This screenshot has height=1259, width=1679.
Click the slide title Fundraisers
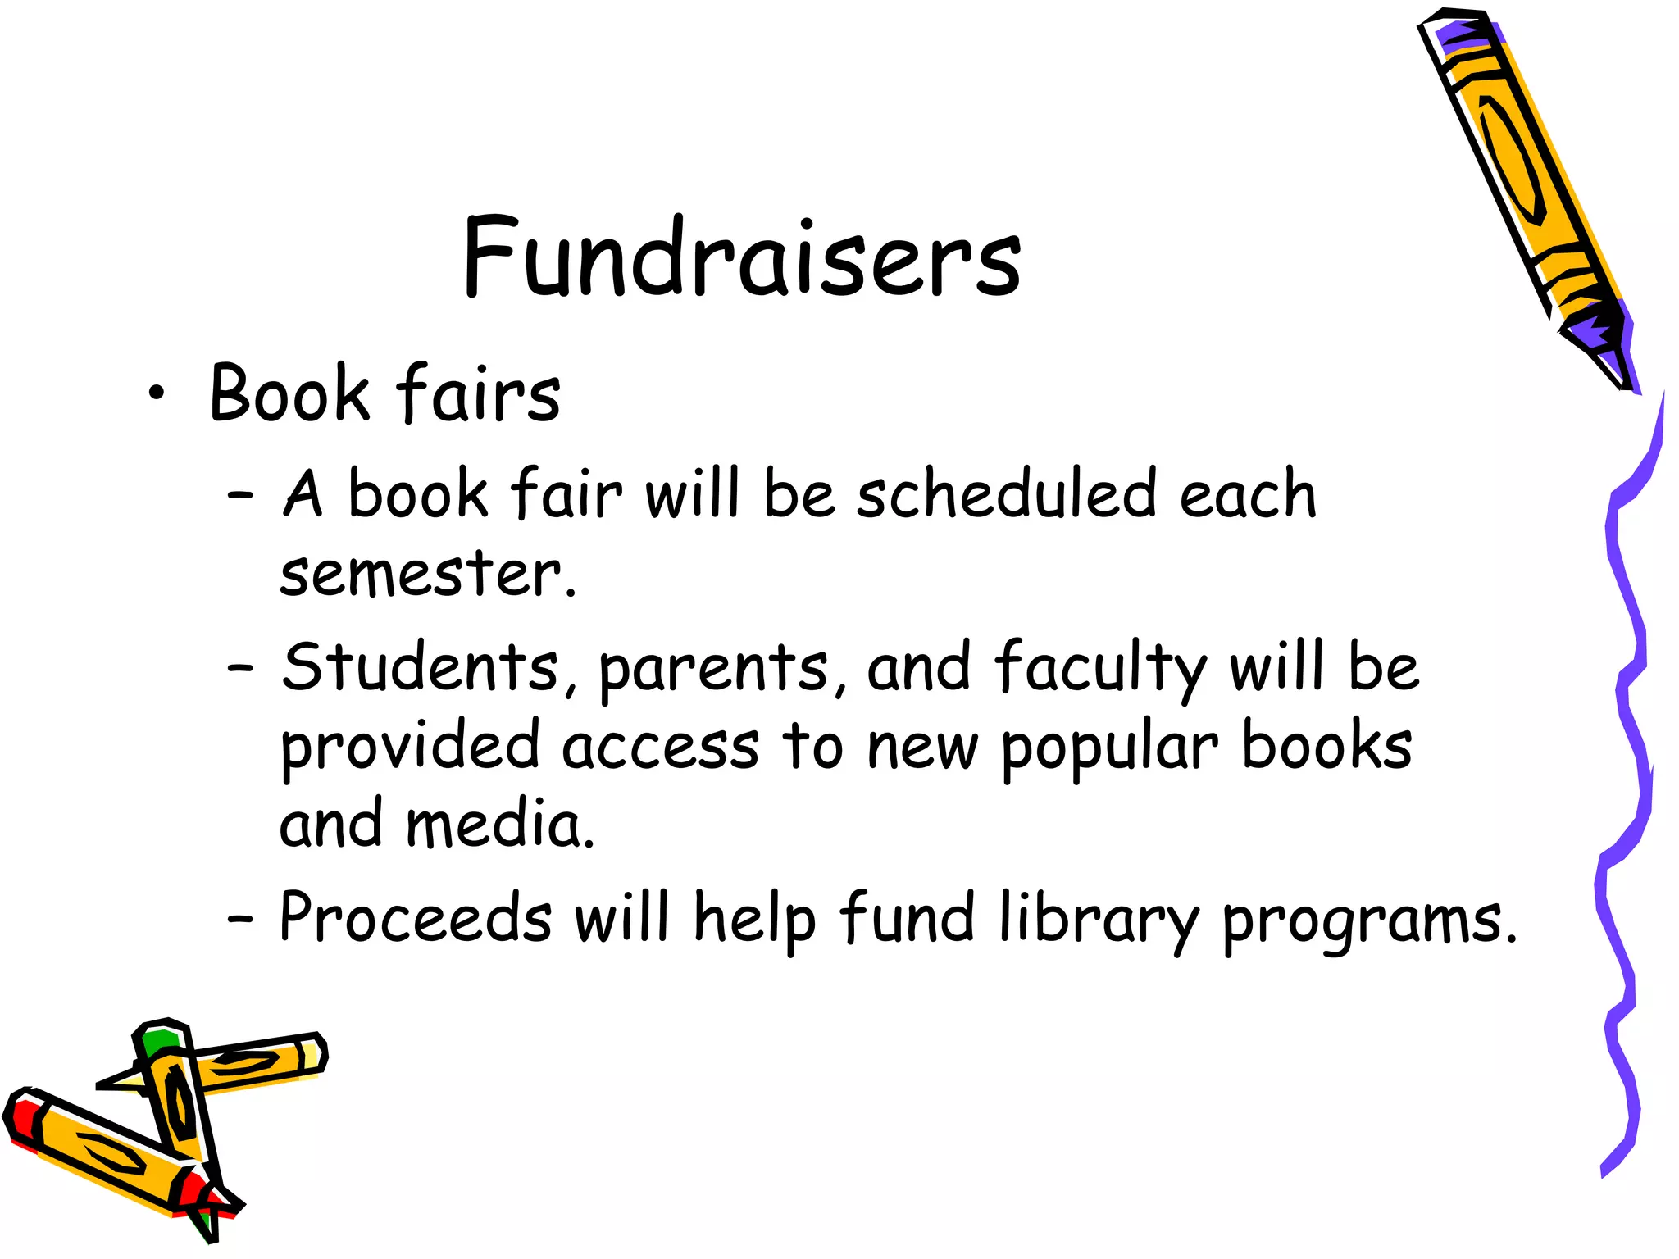[x=742, y=256]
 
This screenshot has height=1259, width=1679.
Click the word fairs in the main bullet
[x=479, y=393]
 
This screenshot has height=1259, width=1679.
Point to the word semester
[x=421, y=574]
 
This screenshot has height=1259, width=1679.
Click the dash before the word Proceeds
[x=239, y=920]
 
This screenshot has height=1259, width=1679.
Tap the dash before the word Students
[x=239, y=669]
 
